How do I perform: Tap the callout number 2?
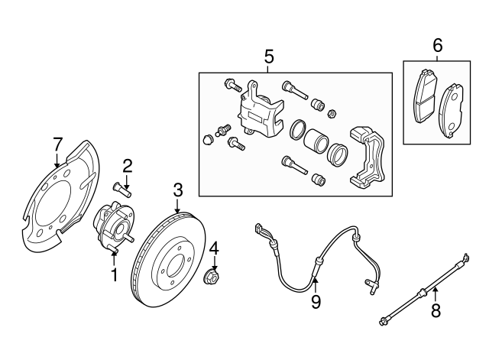pos(128,164)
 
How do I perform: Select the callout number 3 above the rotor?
pos(177,189)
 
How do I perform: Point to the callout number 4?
pos(215,248)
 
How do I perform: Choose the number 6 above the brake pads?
pos(437,46)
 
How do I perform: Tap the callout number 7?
pos(57,143)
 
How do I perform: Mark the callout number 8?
pos(436,311)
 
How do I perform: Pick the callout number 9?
pos(316,303)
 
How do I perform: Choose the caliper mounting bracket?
pos(368,157)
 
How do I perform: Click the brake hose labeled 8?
pos(424,294)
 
